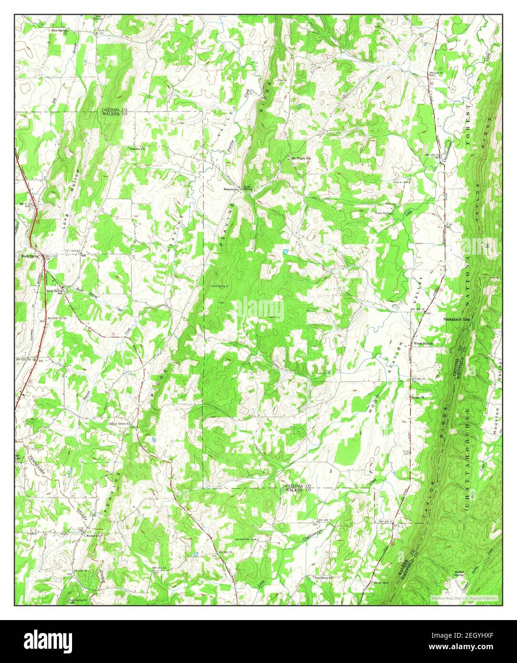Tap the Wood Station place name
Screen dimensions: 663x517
click(423, 343)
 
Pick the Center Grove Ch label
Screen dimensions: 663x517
click(119, 424)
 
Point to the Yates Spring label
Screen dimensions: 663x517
click(383, 213)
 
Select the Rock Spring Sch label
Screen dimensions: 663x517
click(54, 291)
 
